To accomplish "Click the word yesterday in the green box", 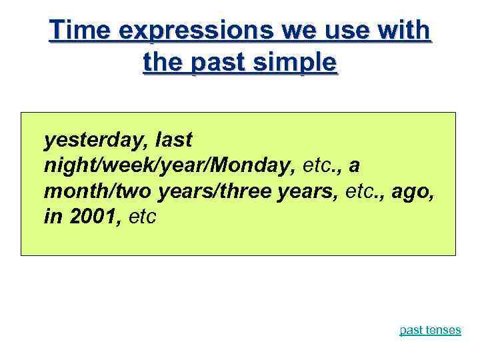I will point(95,141).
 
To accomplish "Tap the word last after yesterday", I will point(173,141).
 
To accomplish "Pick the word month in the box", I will point(69,191).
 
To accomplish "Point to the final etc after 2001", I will point(140,217).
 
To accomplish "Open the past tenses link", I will point(430,330).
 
